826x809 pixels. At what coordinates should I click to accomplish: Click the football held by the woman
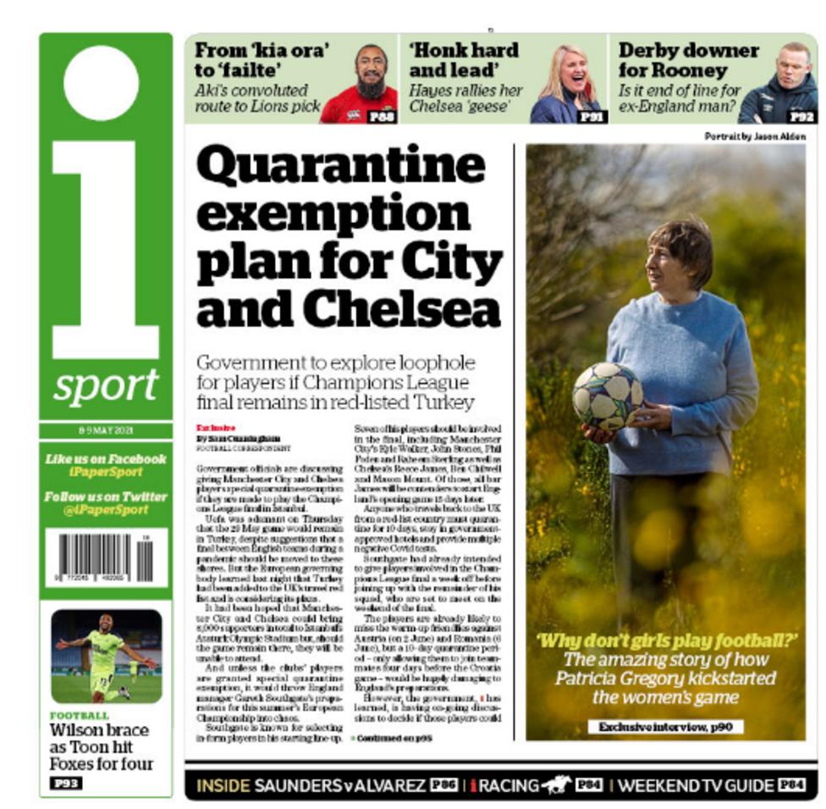(x=607, y=396)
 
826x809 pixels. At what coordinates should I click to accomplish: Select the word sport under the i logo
(x=106, y=386)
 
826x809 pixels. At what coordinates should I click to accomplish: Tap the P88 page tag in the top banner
(x=383, y=117)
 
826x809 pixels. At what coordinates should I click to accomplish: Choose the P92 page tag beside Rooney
(x=801, y=117)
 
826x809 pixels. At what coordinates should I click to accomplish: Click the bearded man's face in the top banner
(x=371, y=75)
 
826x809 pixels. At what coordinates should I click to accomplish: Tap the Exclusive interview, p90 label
(x=666, y=727)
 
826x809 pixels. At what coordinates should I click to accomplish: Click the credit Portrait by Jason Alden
(x=755, y=136)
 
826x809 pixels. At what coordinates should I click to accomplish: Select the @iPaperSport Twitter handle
(x=106, y=510)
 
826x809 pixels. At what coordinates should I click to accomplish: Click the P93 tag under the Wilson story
(x=65, y=784)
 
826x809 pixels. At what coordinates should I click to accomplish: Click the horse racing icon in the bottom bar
(x=556, y=785)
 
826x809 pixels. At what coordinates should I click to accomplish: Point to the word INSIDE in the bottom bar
(x=223, y=785)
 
